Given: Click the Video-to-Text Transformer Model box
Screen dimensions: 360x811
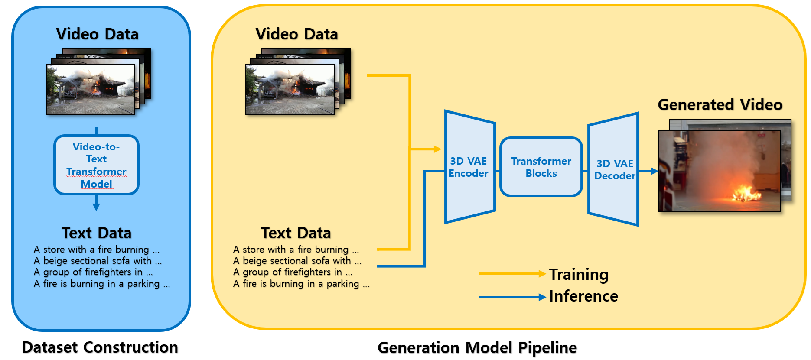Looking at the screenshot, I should pos(96,165).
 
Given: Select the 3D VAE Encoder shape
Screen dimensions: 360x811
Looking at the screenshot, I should pos(469,167).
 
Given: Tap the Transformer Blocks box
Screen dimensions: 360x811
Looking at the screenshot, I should pos(541,167).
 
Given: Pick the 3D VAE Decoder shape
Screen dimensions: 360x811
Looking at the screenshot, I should pos(614,169).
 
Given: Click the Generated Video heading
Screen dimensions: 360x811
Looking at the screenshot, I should pos(720,105).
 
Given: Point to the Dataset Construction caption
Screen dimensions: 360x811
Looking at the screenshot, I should pos(100,347).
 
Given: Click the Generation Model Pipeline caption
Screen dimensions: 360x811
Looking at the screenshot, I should pos(477,348).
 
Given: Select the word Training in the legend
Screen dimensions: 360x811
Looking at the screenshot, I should pos(579,275).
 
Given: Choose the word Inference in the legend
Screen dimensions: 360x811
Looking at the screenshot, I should pos(583,296).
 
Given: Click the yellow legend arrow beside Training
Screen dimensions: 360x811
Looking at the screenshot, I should pos(511,274).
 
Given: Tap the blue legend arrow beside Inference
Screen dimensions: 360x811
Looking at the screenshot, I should pos(511,297).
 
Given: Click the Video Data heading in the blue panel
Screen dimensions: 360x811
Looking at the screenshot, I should pos(97,34).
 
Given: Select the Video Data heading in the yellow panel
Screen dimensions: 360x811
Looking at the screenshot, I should pos(296,34).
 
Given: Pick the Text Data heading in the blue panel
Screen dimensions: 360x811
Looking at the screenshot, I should pos(96,233).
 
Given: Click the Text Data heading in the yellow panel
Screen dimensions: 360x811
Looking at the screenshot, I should pos(296,233).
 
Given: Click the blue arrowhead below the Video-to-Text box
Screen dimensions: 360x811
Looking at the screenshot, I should pos(96,207).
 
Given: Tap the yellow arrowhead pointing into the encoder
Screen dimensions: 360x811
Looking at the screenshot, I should pos(437,149).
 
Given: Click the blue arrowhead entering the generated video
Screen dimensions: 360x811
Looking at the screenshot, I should pos(655,171).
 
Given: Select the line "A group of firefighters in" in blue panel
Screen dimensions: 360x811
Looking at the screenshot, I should pos(93,272).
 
